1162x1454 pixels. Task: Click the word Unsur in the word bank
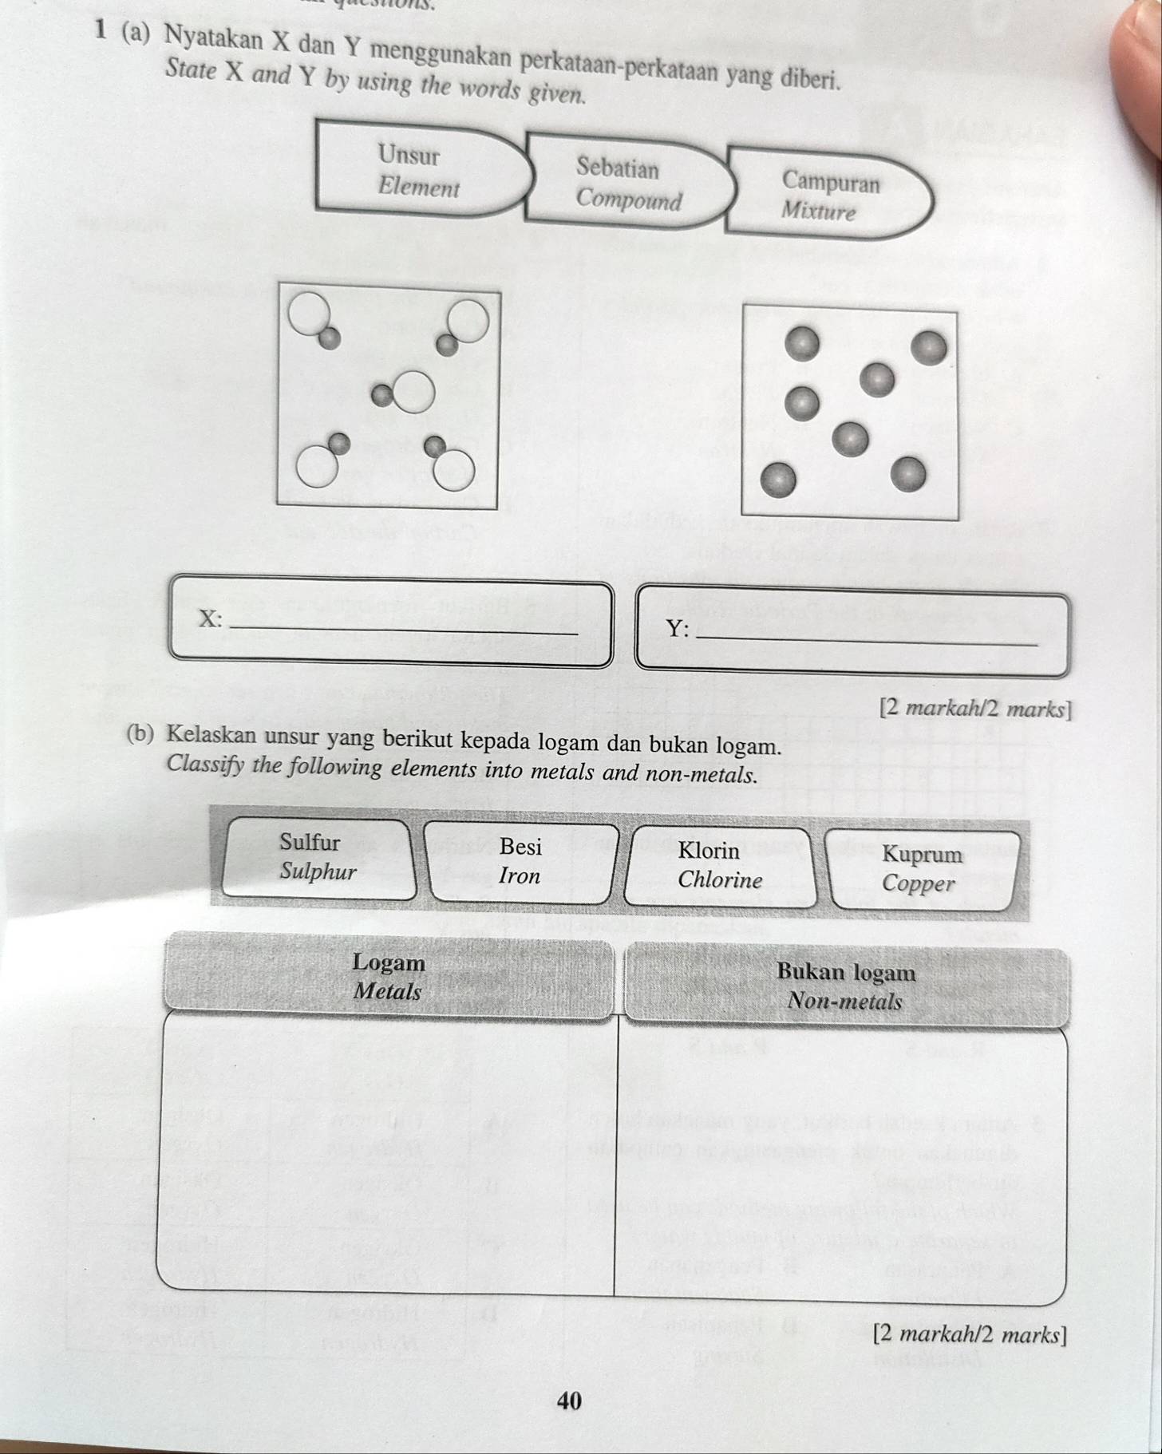409,154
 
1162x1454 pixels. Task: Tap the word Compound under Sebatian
630,200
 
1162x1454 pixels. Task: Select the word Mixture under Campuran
819,211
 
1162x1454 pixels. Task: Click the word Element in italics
419,188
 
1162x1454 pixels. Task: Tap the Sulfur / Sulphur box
318,858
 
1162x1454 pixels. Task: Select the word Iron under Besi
520,876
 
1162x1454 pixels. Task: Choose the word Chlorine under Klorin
720,880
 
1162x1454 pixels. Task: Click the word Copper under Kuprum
919,883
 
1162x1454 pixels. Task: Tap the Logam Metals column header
389,977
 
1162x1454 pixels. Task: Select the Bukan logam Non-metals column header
845,986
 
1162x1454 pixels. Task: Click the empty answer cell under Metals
389,1149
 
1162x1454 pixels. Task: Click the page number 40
570,1401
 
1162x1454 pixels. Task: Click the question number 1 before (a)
101,30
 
